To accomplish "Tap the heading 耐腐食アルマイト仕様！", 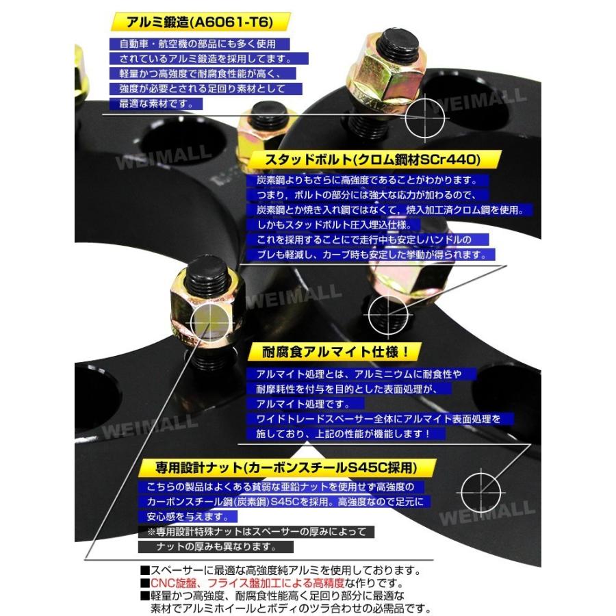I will [329, 352].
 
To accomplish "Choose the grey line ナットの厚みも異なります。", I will [216, 547].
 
